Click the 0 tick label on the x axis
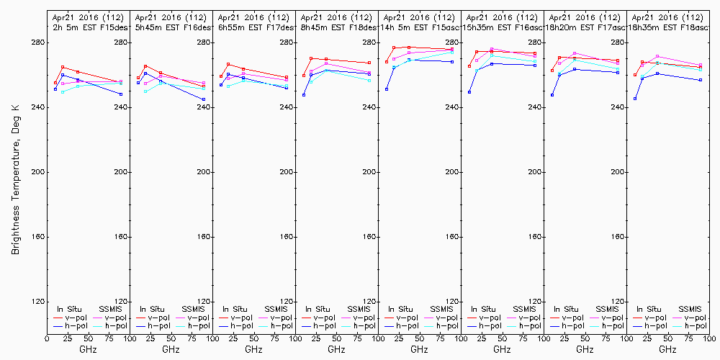(x=47, y=337)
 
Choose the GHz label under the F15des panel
(x=88, y=349)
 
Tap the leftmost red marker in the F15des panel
(x=55, y=83)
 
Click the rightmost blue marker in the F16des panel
(x=204, y=99)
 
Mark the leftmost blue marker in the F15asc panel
(x=387, y=89)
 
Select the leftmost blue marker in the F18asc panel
(x=635, y=99)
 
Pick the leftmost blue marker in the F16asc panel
(x=469, y=92)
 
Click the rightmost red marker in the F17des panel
(x=287, y=77)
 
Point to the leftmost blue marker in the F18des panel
(x=304, y=95)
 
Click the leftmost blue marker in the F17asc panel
(x=552, y=95)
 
